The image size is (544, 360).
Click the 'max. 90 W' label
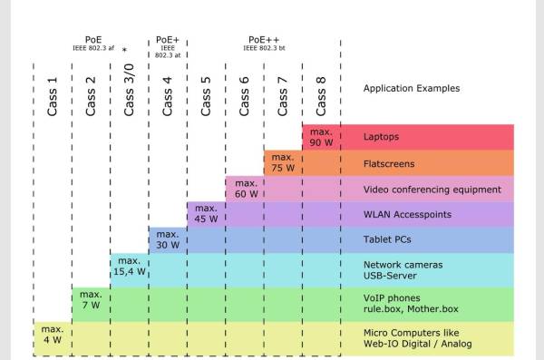click(321, 137)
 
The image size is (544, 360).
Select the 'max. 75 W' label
click(283, 162)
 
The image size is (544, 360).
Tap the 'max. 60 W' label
click(247, 189)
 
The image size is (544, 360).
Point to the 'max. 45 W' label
click(206, 213)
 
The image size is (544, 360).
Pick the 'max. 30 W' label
click(168, 239)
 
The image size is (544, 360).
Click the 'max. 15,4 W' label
click(130, 266)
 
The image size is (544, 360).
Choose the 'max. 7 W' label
click(91, 299)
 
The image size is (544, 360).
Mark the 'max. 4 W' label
click(53, 335)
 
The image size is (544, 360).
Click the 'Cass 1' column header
click(52, 96)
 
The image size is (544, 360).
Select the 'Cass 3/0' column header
click(129, 90)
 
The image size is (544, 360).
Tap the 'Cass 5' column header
click(206, 96)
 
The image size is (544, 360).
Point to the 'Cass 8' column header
click(321, 96)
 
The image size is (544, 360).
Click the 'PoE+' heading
click(168, 40)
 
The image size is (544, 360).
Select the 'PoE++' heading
click(264, 40)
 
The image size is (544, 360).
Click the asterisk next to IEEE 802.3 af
click(124, 50)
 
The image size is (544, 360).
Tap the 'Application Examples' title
click(412, 88)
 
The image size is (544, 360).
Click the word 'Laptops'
click(381, 136)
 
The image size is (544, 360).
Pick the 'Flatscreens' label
click(389, 163)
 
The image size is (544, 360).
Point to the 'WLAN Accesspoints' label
click(407, 215)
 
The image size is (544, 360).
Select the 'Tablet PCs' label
click(387, 239)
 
